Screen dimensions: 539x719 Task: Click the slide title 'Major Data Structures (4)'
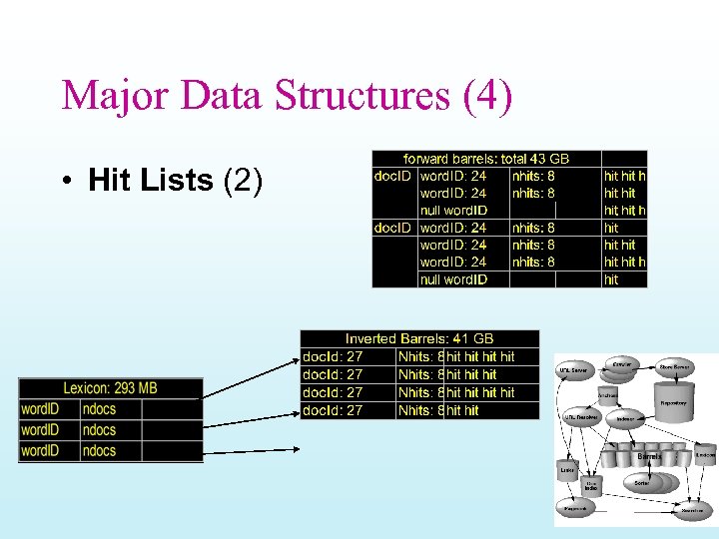pos(287,96)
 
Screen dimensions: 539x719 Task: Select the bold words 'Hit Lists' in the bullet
pos(151,180)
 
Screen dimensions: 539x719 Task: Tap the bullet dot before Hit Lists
pos(63,181)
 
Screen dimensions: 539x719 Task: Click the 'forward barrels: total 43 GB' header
pos(485,159)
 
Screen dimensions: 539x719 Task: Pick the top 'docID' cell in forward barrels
pos(394,176)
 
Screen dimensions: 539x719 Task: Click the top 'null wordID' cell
pos(453,211)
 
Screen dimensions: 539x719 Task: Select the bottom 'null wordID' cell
pos(453,279)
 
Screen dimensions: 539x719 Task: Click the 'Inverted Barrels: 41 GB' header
pos(419,339)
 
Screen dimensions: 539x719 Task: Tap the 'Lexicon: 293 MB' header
pos(110,388)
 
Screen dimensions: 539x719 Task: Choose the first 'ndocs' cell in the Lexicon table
pos(100,409)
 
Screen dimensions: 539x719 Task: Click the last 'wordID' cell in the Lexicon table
pos(40,451)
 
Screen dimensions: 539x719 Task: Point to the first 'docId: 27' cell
pos(333,356)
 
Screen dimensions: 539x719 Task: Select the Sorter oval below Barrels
pos(642,481)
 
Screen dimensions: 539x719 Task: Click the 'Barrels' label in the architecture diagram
pos(649,455)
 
